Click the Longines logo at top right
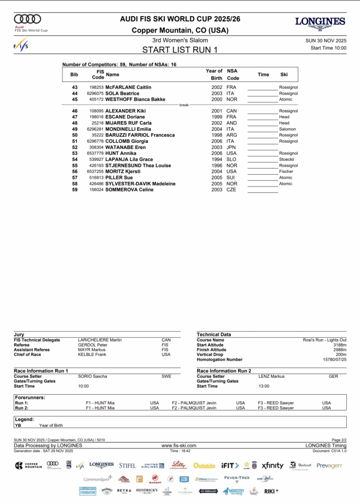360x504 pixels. point(320,23)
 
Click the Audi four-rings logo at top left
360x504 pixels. point(28,19)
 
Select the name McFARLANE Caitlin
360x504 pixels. point(128,88)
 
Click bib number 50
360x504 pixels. point(75,135)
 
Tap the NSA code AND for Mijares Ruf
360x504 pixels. point(232,123)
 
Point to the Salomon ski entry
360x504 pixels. point(287,129)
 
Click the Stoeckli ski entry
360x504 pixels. point(287,159)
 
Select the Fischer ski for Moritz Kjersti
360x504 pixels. point(286,172)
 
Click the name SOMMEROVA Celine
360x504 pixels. point(129,190)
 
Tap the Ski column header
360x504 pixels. point(284,75)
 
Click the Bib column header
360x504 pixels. point(74,75)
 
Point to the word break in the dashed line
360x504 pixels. point(184,105)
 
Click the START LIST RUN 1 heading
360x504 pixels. point(180,50)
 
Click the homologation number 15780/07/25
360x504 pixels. point(334,360)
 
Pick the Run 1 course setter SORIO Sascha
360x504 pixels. point(92,377)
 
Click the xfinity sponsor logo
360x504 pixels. point(272,466)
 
